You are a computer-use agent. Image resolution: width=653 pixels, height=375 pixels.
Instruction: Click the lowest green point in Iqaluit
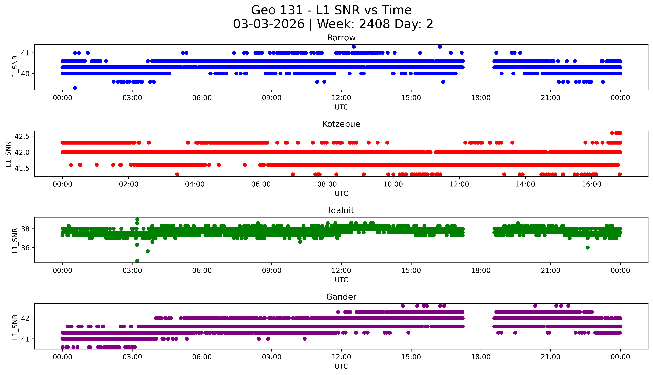(x=137, y=261)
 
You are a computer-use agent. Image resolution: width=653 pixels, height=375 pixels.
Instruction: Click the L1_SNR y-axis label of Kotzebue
(x=8, y=154)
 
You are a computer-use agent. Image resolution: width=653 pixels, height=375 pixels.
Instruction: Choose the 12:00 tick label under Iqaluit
(x=341, y=271)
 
